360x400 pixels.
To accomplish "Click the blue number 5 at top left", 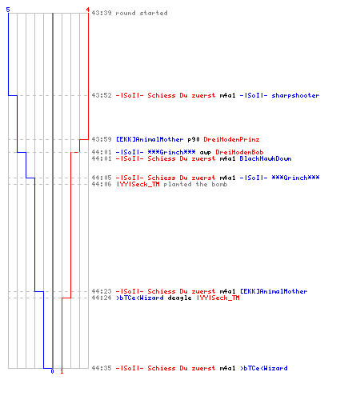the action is coord(8,10).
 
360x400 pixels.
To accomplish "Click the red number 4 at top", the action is coord(88,10).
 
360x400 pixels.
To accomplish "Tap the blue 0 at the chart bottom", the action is coord(52,371).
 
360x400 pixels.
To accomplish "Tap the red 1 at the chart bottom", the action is coord(62,371).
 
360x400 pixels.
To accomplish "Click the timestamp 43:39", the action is coord(102,13).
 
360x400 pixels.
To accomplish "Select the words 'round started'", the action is coord(142,13).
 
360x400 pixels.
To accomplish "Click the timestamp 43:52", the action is coord(102,95).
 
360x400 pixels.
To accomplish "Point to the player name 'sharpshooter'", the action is coord(295,95).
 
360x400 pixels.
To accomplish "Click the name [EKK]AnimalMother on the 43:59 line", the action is coord(150,139).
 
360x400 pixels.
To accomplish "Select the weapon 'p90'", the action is coord(194,139).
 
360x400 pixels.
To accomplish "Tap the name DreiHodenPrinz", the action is coord(231,139).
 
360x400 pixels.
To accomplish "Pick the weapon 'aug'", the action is coord(206,153).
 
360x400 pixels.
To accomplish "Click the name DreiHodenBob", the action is coord(239,152).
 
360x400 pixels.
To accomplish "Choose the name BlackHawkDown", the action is coord(266,158).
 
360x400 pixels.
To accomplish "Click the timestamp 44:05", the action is coord(102,178).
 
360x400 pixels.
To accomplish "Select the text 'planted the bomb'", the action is coord(195,184).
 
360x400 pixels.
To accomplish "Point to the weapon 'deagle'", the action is coord(179,298).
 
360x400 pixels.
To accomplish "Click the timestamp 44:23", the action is coord(102,291).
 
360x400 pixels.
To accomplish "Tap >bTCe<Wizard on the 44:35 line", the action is coord(264,368).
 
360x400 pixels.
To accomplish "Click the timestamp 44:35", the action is coord(102,368).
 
